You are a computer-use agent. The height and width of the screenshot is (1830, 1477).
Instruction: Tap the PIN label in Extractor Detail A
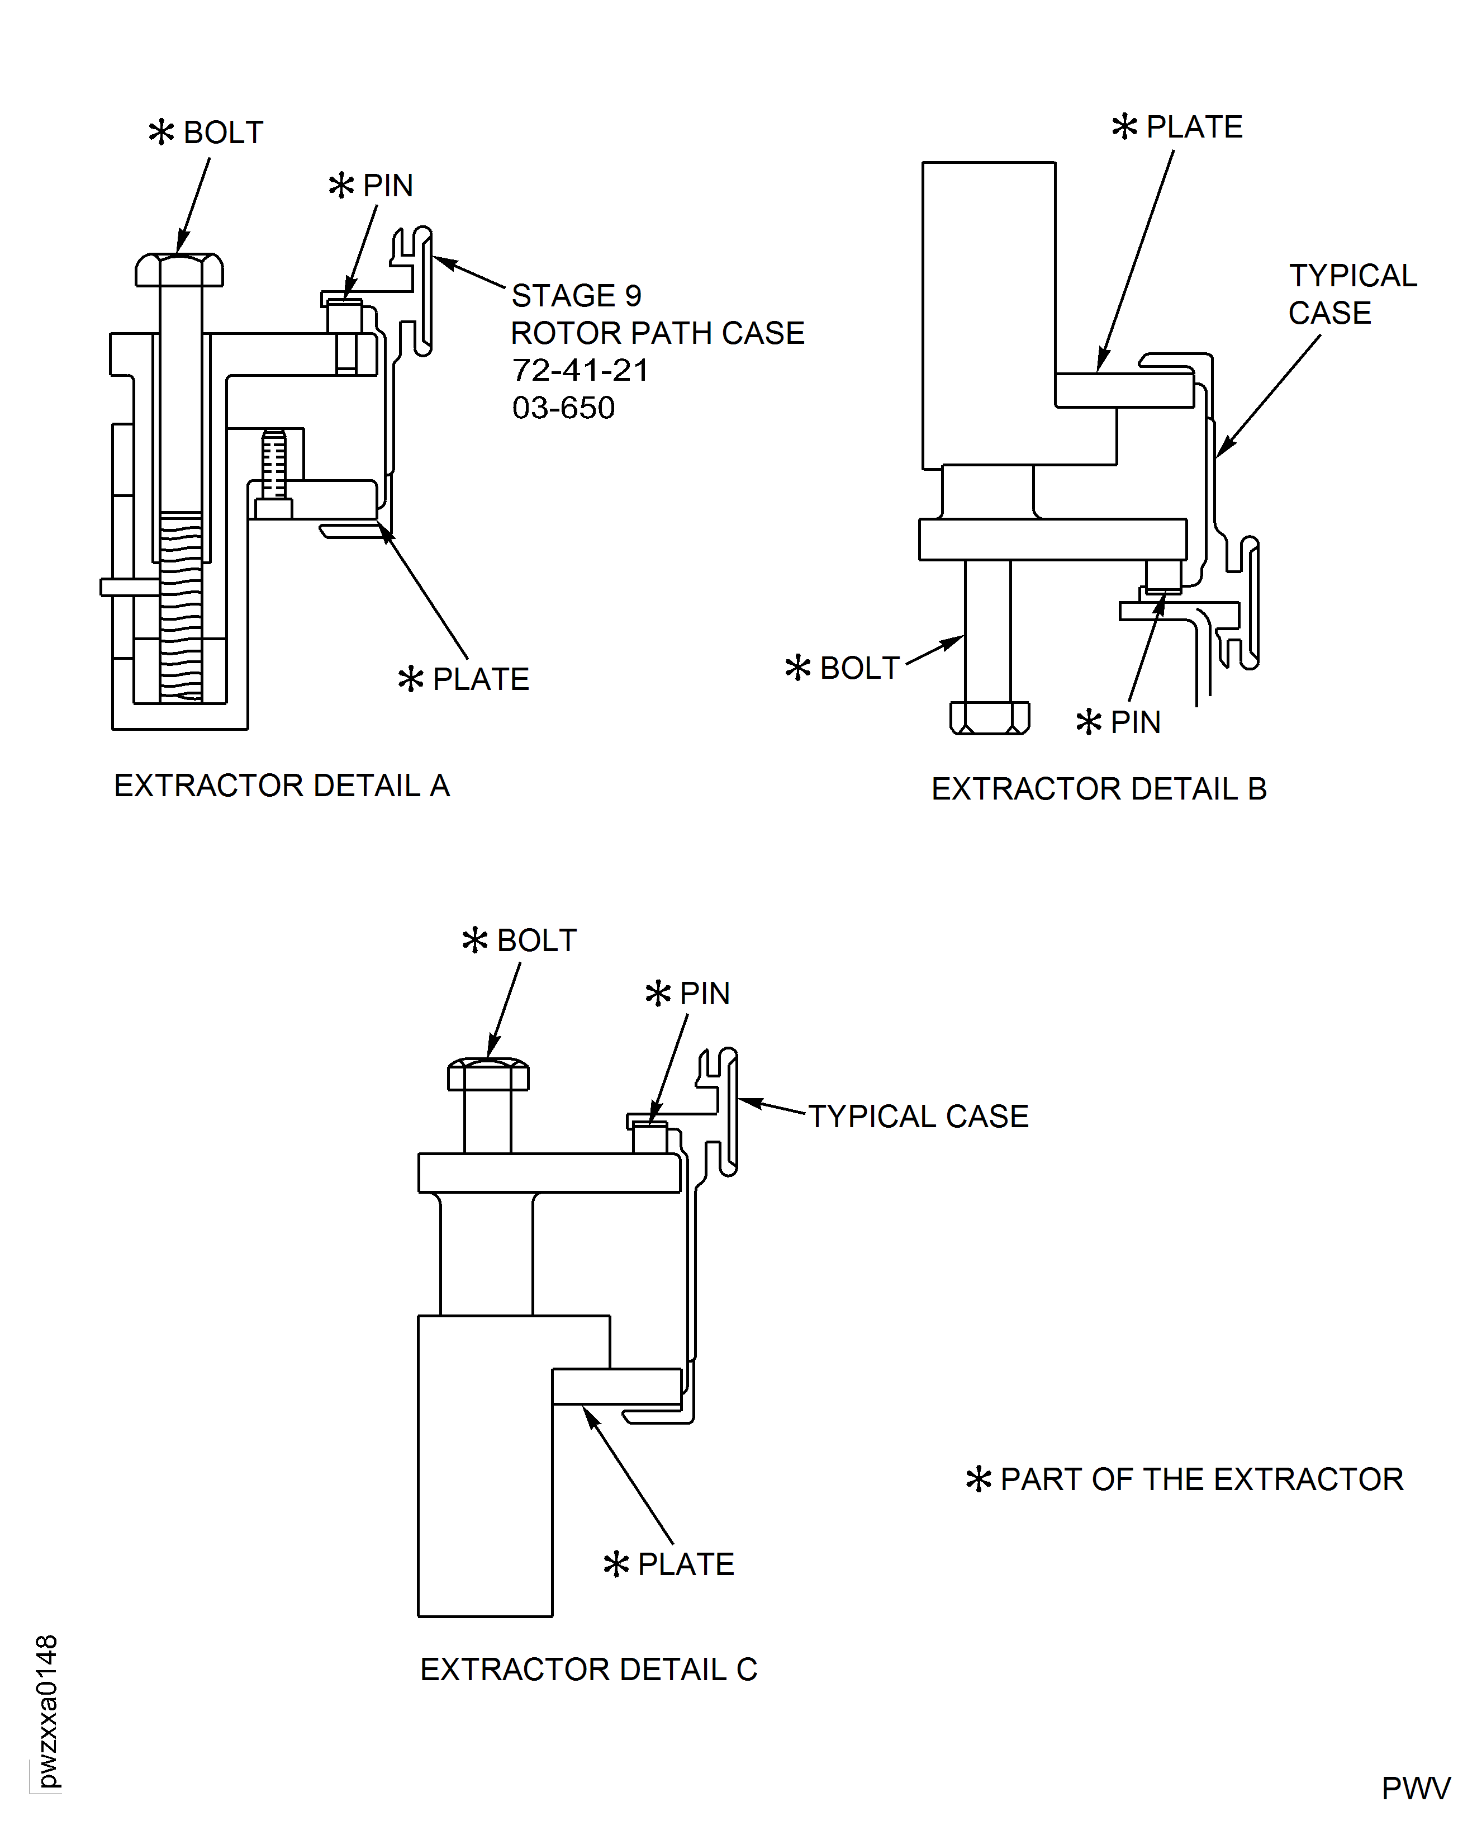click(387, 186)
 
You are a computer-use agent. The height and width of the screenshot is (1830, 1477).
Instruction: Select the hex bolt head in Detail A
click(179, 270)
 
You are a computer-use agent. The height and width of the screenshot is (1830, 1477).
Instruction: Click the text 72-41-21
click(580, 370)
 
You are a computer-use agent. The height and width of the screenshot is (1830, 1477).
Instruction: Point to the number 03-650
click(563, 408)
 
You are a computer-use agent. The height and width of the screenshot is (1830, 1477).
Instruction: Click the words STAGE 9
click(576, 295)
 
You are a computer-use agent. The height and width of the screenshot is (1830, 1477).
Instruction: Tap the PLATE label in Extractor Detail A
click(480, 679)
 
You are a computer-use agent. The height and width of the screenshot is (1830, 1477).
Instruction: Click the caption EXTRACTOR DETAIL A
click(282, 786)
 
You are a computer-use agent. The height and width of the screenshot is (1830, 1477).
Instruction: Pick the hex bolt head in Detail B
click(990, 717)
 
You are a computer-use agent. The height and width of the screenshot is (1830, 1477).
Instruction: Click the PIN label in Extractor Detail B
click(1135, 722)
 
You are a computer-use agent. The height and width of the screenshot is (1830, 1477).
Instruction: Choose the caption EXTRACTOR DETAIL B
click(1099, 789)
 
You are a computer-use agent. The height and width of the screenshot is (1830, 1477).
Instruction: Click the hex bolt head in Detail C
click(488, 1075)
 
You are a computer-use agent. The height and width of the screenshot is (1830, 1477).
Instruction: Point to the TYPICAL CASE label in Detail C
click(918, 1117)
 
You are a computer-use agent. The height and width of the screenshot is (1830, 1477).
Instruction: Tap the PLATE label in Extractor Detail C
click(685, 1564)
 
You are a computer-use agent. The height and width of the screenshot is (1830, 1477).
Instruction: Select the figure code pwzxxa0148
click(47, 1711)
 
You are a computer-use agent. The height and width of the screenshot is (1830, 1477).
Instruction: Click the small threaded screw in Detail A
click(274, 466)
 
